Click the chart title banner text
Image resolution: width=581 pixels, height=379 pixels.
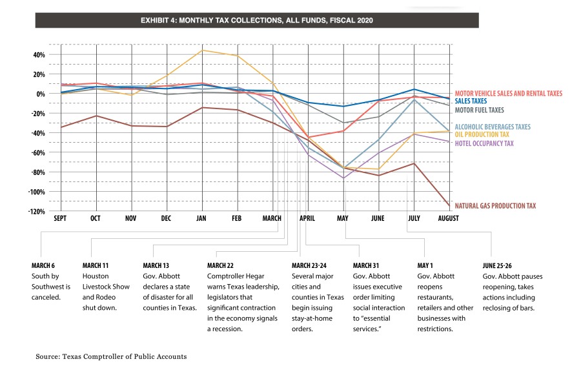pyautogui.click(x=256, y=21)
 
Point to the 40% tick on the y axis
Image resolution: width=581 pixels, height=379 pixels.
pyautogui.click(x=39, y=55)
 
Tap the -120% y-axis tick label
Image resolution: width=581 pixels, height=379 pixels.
pyautogui.click(x=36, y=212)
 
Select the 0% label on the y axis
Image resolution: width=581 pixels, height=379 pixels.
pyautogui.click(x=41, y=94)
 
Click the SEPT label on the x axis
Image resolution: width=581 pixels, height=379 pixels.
pyautogui.click(x=60, y=218)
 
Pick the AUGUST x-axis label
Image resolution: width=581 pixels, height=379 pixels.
pyautogui.click(x=449, y=218)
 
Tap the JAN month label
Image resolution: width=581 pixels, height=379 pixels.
pyautogui.click(x=201, y=218)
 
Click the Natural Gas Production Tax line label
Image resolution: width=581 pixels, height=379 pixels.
pyautogui.click(x=495, y=206)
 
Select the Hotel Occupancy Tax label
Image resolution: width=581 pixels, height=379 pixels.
pyautogui.click(x=484, y=143)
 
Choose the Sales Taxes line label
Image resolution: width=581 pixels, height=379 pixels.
pyautogui.click(x=471, y=101)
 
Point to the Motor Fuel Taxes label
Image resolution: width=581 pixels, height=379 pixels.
pyautogui.click(x=480, y=110)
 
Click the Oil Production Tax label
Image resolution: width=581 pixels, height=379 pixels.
pyautogui.click(x=482, y=134)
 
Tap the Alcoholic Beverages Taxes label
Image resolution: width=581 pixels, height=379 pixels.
pyautogui.click(x=493, y=127)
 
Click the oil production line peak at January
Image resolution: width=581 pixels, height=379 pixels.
pyautogui.click(x=202, y=50)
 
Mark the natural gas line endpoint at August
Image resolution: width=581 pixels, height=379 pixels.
pyautogui.click(x=449, y=205)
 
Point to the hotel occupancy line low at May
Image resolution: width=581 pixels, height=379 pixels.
pyautogui.click(x=344, y=178)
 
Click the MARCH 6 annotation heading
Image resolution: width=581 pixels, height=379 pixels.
pyautogui.click(x=43, y=265)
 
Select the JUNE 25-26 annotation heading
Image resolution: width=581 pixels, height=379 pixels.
pyautogui.click(x=497, y=265)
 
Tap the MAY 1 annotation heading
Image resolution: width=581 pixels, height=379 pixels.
pyautogui.click(x=425, y=265)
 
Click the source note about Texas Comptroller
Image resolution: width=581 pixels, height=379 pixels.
pyautogui.click(x=111, y=356)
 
